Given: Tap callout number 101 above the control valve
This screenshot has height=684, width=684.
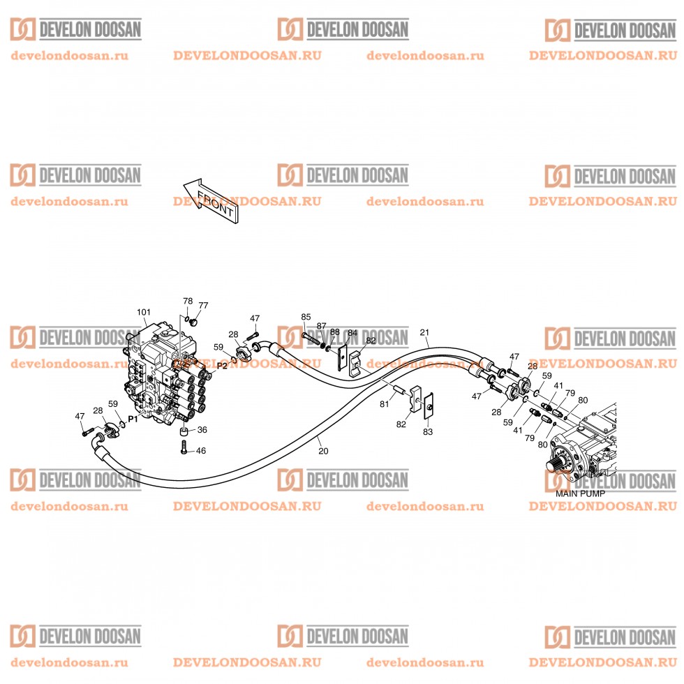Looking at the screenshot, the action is [x=144, y=311].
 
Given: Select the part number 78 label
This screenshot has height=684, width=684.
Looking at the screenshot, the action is [x=188, y=301].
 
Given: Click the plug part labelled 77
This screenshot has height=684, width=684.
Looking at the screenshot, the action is [x=193, y=323].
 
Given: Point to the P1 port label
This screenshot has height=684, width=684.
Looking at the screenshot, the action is [x=133, y=419].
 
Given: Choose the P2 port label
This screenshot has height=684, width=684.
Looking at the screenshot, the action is [x=222, y=365].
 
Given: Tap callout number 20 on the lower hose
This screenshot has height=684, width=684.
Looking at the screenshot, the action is [x=322, y=451].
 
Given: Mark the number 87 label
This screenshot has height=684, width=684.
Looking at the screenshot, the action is [x=322, y=326].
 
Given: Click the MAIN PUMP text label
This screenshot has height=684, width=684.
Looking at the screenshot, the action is [x=580, y=493].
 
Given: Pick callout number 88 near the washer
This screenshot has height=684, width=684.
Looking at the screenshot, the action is [x=335, y=332].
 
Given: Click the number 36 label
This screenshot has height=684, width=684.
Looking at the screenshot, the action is [x=202, y=430].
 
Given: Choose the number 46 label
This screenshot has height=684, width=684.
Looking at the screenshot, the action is [x=201, y=451].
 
